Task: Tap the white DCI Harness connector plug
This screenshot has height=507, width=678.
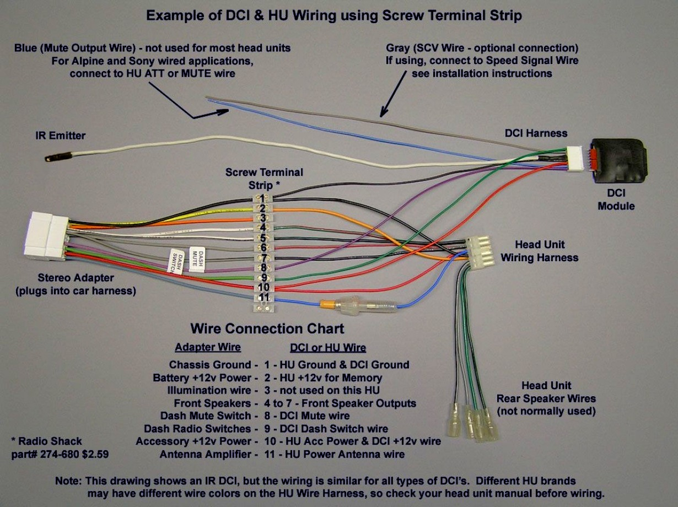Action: click(576, 159)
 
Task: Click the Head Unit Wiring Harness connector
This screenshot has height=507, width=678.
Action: click(478, 252)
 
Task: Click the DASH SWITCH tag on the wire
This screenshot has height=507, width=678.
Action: click(175, 262)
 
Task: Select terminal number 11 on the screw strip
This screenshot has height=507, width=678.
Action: click(264, 298)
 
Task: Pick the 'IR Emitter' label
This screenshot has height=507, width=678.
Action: click(61, 136)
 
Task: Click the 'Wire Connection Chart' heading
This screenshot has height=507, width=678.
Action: click(267, 329)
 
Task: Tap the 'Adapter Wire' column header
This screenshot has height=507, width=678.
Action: click(207, 348)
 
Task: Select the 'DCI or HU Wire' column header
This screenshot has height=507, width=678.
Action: click(327, 348)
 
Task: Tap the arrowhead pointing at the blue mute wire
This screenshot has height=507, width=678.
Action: click(223, 112)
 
